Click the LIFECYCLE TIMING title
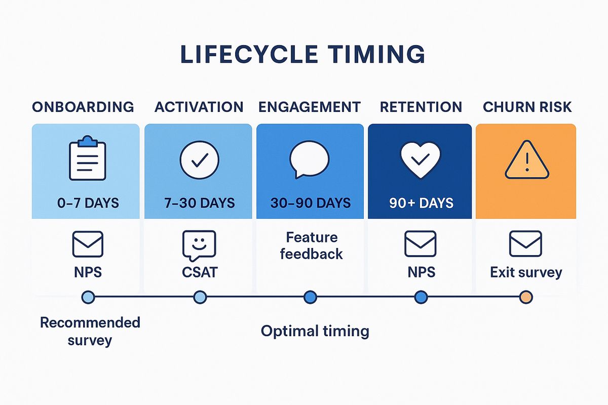(x=302, y=55)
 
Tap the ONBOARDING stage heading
(x=83, y=107)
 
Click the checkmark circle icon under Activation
(x=199, y=159)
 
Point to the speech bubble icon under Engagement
(x=309, y=159)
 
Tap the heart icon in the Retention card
(x=420, y=159)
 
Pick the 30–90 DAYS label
(x=310, y=203)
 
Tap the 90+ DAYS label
(x=421, y=203)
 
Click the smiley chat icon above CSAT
(x=199, y=246)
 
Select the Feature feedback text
(x=311, y=246)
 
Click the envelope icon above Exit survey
(x=525, y=244)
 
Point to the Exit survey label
(x=526, y=272)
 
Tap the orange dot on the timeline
(x=526, y=297)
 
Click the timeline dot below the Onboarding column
(x=88, y=297)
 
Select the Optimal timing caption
(x=315, y=331)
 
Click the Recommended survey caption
(x=90, y=331)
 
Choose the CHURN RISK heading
(x=527, y=107)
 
